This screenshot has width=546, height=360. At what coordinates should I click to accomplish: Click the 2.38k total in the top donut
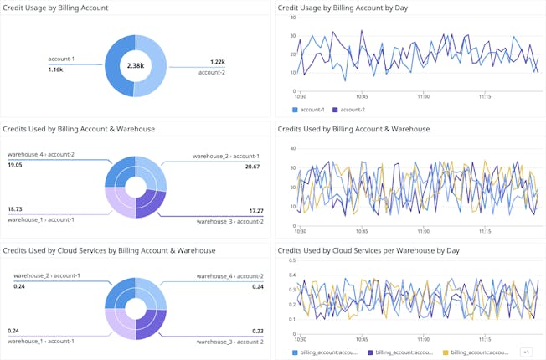click(136, 65)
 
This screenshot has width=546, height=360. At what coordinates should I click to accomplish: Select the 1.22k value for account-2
click(217, 62)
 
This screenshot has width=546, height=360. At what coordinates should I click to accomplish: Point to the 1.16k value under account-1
click(55, 69)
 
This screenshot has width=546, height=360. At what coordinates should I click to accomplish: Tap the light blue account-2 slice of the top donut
click(158, 65)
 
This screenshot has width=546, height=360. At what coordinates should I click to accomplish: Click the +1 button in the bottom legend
click(526, 352)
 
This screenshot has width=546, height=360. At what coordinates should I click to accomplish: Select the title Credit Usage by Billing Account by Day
click(344, 8)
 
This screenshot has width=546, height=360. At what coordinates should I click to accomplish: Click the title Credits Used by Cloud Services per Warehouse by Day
click(368, 250)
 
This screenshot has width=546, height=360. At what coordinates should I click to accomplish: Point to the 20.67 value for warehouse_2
click(252, 167)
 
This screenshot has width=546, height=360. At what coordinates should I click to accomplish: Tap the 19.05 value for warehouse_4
click(15, 165)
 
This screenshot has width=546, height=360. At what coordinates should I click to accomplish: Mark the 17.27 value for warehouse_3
click(252, 210)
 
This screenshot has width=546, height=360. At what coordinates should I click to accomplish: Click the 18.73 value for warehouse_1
click(15, 208)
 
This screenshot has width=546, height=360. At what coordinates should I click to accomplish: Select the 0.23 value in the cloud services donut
click(257, 331)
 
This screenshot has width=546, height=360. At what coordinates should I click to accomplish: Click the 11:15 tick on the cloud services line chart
click(485, 339)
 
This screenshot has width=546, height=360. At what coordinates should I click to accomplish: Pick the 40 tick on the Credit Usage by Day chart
click(291, 17)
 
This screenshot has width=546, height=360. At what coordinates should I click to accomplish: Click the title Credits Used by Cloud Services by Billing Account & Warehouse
click(109, 250)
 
